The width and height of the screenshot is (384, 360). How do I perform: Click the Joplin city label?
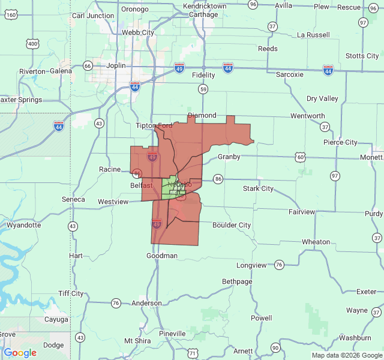113,65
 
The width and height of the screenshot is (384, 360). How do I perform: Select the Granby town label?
229,157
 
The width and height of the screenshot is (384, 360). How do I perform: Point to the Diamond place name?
202,115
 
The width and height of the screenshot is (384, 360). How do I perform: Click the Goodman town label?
162,256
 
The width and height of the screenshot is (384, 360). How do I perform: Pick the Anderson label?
147,304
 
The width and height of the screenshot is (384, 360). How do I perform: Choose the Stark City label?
258,188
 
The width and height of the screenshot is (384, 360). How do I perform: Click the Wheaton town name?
316,242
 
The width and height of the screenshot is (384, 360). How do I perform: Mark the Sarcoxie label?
290,74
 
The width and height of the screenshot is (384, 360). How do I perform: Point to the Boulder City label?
232,225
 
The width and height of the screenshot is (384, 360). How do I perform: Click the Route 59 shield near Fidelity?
204,89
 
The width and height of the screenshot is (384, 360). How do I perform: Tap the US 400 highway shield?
32,43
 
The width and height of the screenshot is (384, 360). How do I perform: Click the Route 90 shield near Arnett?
275,348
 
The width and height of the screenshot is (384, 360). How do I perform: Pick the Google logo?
20,353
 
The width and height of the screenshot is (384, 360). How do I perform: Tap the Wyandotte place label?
24,226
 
